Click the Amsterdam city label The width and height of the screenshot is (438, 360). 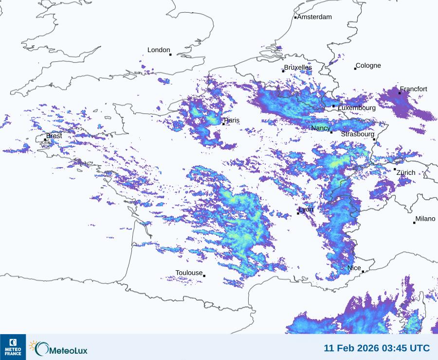(x=314, y=17)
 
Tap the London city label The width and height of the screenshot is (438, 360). (x=159, y=50)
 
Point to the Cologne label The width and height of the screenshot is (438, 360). (x=368, y=66)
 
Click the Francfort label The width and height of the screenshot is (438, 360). (x=414, y=89)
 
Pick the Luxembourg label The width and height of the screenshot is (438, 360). (x=357, y=108)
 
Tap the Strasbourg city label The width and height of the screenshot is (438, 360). (x=358, y=134)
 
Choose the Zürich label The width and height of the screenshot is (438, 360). (x=406, y=172)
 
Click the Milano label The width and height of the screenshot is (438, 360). (x=425, y=219)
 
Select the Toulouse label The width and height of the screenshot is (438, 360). (x=189, y=273)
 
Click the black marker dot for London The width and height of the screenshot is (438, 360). (x=170, y=55)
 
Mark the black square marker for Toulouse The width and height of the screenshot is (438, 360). (x=204, y=276)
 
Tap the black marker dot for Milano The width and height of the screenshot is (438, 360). (x=414, y=223)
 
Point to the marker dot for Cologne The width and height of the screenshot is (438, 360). (x=355, y=69)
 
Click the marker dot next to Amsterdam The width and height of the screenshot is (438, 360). (x=295, y=18)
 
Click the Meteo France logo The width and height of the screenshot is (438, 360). (x=13, y=347)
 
